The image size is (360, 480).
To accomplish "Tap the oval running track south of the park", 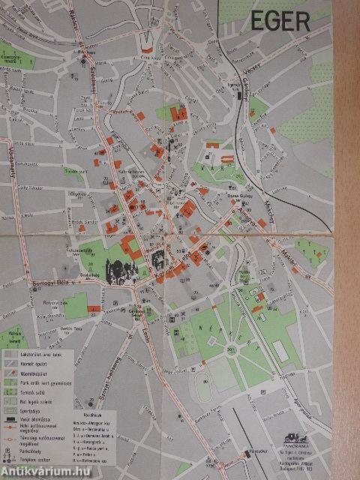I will pos(202,386).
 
